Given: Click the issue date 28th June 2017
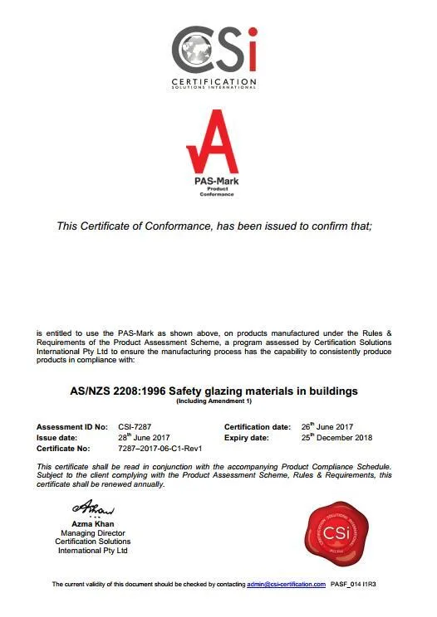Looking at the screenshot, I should tap(145, 437).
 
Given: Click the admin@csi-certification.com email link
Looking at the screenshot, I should tap(286, 584).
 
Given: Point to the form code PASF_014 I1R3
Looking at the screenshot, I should tap(360, 584).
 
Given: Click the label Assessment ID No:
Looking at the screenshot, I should tap(72, 426).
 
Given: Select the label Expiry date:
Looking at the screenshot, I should tap(247, 437).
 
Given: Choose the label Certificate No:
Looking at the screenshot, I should tap(65, 448).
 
